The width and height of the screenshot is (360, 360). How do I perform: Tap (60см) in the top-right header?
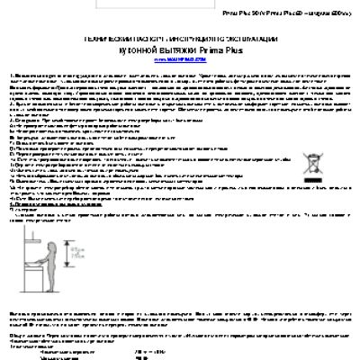click(341, 13)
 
